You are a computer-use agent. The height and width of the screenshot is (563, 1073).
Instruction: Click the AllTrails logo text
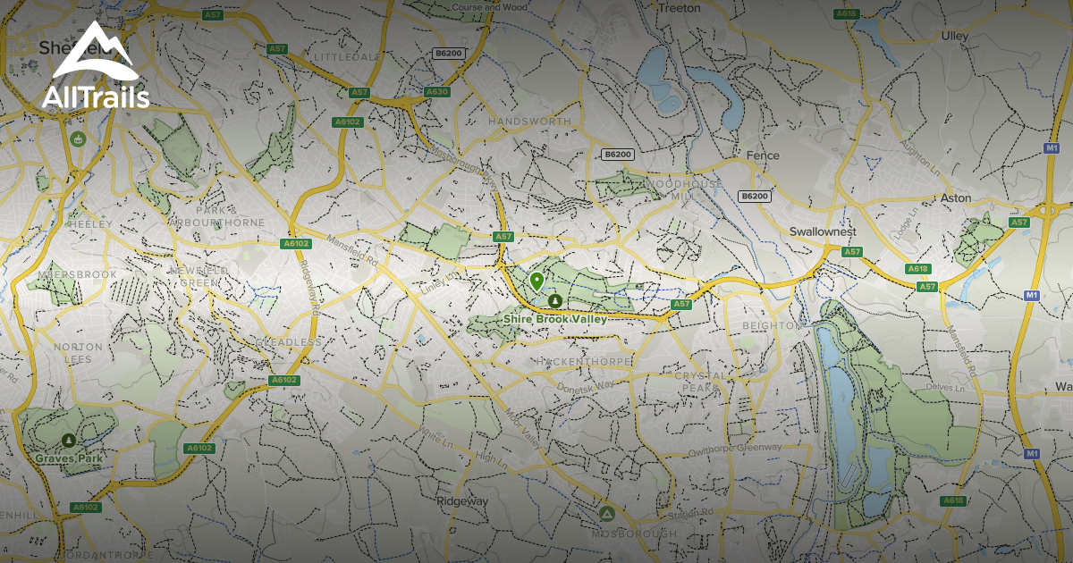(96, 97)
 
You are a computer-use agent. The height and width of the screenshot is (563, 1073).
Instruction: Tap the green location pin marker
(536, 281)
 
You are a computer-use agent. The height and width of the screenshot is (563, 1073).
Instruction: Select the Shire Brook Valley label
(554, 319)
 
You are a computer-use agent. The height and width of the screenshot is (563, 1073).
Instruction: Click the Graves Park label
(69, 458)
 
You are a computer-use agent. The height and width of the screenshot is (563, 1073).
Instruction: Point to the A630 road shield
(437, 91)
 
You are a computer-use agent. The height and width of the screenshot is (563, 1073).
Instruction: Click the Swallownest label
(823, 231)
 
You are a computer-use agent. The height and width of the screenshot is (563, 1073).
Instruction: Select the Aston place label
(956, 197)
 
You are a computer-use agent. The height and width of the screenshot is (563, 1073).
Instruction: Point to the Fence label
(763, 155)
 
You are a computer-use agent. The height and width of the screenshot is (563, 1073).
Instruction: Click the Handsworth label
(529, 121)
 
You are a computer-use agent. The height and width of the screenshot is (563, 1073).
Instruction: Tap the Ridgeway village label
(462, 501)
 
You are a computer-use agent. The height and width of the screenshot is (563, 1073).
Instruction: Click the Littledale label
(348, 55)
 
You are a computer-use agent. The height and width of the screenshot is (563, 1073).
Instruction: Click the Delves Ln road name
(950, 388)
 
